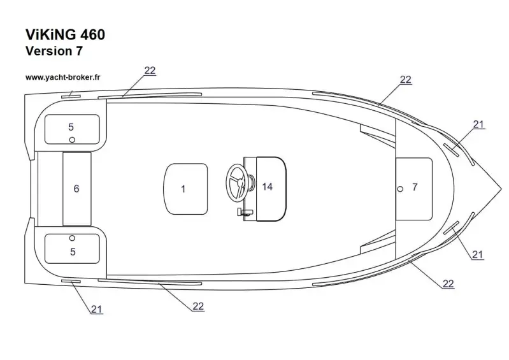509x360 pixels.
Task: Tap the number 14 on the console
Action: point(267,187)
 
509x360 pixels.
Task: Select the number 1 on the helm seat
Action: point(183,189)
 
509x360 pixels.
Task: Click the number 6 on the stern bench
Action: point(76,189)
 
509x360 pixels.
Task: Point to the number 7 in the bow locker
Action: point(415,187)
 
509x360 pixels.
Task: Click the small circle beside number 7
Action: point(400,189)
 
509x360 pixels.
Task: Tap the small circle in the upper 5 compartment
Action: point(73,140)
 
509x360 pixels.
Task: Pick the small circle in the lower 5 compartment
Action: point(72,238)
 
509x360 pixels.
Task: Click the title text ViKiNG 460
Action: point(65,35)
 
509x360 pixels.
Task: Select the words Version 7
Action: point(54,51)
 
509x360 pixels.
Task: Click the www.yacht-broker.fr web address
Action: point(62,78)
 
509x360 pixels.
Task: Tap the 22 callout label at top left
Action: point(150,71)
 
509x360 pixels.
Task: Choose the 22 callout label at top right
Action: point(405,80)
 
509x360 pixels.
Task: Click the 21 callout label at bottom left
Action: point(96,310)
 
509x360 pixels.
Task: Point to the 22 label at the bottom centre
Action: point(198,306)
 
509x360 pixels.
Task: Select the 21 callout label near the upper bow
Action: point(478,124)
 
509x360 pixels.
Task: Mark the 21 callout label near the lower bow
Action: point(478,254)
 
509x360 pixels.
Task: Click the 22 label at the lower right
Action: point(448,284)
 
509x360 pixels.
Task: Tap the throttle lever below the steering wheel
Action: point(245,212)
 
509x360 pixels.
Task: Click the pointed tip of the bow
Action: point(501,189)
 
